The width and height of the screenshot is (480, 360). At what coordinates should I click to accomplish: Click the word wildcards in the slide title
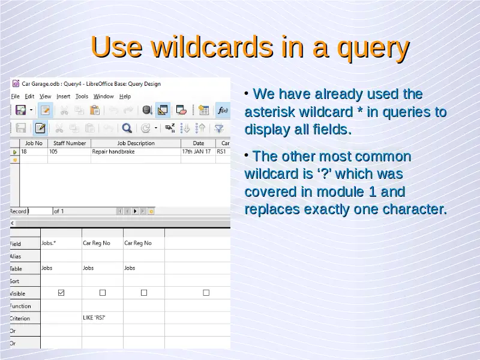(212, 47)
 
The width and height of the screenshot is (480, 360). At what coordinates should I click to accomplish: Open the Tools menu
(82, 97)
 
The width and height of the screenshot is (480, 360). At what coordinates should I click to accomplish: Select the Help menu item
(125, 97)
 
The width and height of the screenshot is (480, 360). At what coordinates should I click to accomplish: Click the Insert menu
(64, 97)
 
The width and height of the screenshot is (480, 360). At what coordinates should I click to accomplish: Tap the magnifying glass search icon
(127, 128)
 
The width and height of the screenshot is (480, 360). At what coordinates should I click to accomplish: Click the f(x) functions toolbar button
(223, 110)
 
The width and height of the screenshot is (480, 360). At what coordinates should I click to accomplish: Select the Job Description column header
(136, 143)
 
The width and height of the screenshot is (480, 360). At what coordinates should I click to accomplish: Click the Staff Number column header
(70, 143)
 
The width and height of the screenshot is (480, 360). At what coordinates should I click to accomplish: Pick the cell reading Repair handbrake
(113, 152)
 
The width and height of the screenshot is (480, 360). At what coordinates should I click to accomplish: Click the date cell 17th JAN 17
(197, 152)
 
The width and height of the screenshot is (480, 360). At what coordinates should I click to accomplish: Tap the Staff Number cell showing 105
(53, 152)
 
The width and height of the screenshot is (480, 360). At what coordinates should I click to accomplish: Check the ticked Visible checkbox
(61, 293)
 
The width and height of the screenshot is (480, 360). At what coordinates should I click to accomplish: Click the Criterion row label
(20, 319)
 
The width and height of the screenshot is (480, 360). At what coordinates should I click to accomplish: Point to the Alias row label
(16, 256)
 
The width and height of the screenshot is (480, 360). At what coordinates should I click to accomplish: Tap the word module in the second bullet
(340, 191)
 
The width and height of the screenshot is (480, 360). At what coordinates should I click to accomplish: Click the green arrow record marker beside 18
(14, 152)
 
